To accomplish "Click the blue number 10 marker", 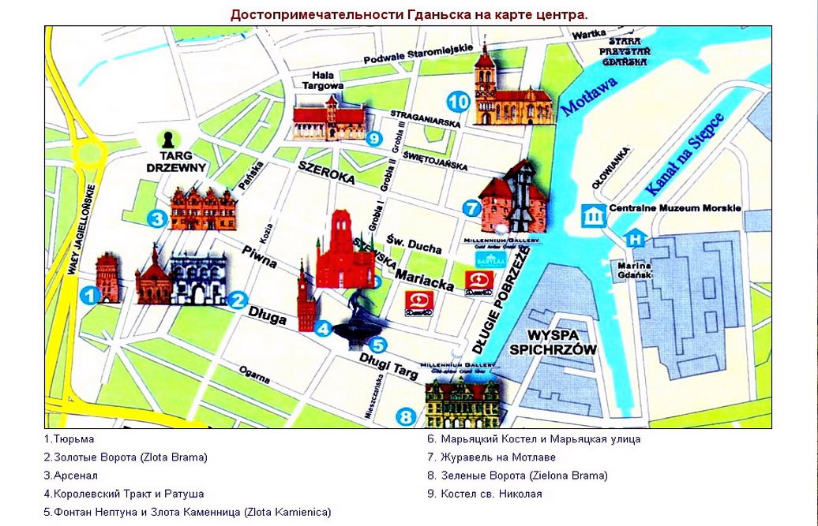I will [458, 101].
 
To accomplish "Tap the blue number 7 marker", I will [471, 208].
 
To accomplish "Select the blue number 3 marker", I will [157, 218].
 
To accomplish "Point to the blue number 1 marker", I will [90, 296].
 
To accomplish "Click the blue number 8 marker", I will [405, 417].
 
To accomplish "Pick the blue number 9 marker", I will [374, 138].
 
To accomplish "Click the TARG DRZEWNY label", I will [176, 162].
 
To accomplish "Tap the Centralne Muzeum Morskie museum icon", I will [593, 215].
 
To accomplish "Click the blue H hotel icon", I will [635, 237].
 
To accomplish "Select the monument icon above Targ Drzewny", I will [167, 140].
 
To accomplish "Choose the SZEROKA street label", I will [325, 173].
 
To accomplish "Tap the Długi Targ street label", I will [388, 365].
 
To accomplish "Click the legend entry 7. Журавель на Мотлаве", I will [491, 457].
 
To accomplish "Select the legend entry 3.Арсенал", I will [71, 476].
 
